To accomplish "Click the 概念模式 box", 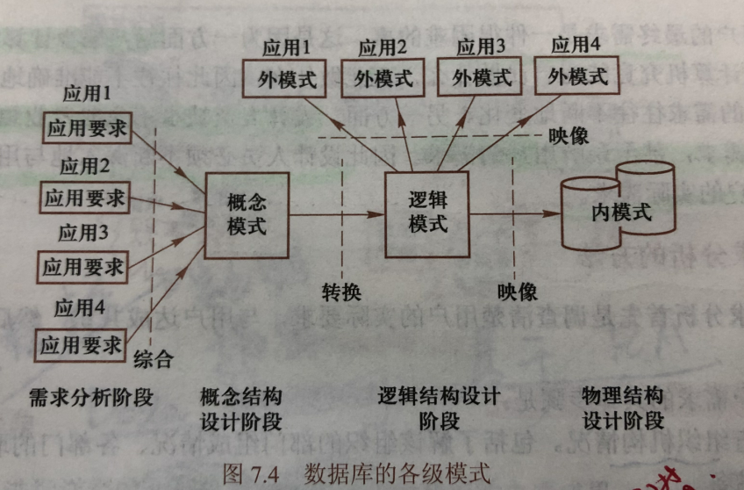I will (247, 215).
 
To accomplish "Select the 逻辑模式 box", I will (427, 213).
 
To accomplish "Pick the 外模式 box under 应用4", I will (577, 76).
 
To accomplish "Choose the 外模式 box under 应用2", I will (383, 78).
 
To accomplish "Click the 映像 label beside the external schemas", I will (569, 136).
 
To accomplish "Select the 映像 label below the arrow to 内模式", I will (517, 291).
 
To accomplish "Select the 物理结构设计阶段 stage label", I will (622, 408).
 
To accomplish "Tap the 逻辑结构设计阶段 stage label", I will (439, 408).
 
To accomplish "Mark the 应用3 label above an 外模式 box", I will (481, 47).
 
